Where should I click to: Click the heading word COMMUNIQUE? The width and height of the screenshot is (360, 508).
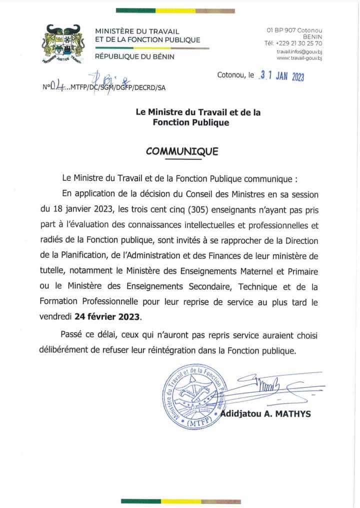click(x=182, y=151)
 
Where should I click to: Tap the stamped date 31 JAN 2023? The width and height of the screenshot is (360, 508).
click(x=282, y=76)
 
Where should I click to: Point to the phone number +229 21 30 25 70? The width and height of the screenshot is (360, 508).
click(x=299, y=43)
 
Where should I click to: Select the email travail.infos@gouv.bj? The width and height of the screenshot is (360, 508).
click(x=299, y=51)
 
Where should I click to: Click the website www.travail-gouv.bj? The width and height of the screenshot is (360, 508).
click(x=299, y=58)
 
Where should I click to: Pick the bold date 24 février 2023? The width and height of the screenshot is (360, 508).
click(x=108, y=317)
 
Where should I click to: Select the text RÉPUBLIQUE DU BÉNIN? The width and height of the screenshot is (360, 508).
click(x=134, y=56)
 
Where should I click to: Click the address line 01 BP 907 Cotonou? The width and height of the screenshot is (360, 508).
click(x=294, y=30)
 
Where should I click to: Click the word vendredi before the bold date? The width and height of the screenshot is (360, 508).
click(x=55, y=317)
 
